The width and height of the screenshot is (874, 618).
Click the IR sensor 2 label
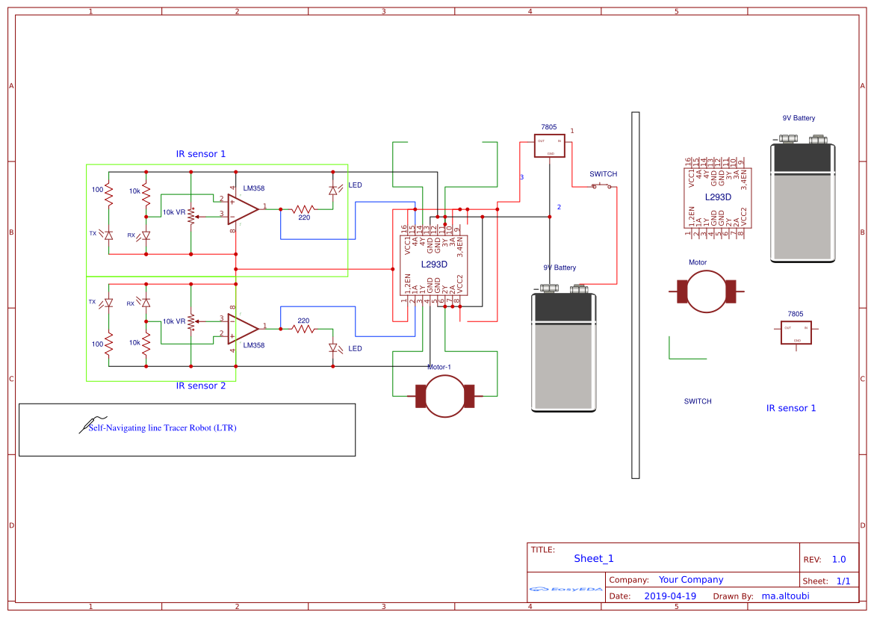tap(200, 386)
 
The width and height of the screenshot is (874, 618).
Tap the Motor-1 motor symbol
tap(444, 395)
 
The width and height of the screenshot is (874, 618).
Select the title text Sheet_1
tap(594, 558)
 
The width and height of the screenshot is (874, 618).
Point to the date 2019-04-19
tap(670, 596)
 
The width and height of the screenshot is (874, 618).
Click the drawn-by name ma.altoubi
tap(785, 596)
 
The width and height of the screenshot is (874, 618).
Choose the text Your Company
tap(691, 580)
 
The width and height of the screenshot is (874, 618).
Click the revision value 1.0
tap(839, 559)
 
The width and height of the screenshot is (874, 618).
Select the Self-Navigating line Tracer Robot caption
tap(162, 428)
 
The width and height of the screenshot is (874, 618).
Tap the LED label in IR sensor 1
tap(355, 185)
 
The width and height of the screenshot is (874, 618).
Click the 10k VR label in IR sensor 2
tap(174, 321)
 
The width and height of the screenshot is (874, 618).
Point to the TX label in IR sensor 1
tap(93, 234)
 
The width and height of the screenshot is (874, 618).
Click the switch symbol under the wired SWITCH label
tap(604, 186)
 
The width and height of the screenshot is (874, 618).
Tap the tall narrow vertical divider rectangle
tap(636, 294)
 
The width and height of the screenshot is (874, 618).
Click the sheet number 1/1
tap(843, 581)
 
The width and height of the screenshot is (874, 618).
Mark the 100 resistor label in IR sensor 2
tap(97, 344)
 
